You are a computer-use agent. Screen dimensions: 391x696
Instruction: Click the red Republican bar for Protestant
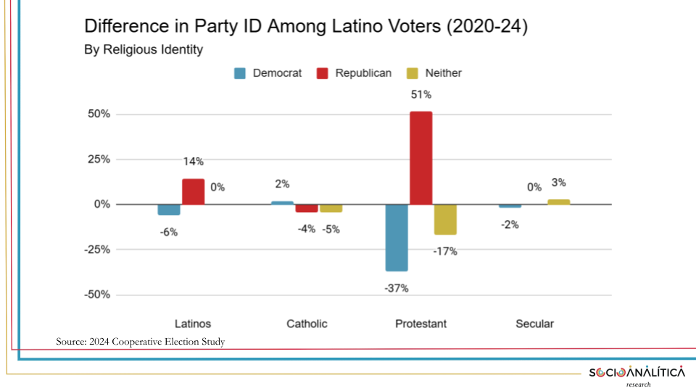coord(421,158)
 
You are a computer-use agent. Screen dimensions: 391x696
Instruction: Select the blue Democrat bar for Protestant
coord(397,237)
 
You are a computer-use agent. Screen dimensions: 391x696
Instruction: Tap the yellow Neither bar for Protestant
coord(446,219)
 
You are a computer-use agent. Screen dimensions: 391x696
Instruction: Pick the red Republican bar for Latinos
coord(193,192)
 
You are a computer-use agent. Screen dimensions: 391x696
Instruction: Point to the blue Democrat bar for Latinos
coord(169,209)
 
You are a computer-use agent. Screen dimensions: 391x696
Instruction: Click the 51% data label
coord(421,95)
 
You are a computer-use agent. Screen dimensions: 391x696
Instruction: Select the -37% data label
coord(397,287)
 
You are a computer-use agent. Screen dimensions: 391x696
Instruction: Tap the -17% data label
coord(445,251)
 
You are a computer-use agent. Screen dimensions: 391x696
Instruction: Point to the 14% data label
coord(193,161)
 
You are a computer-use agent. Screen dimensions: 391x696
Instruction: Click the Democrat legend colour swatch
coord(240,73)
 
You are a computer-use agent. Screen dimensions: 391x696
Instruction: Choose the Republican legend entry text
coord(363,73)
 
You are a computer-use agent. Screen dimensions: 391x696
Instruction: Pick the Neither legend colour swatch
coord(413,73)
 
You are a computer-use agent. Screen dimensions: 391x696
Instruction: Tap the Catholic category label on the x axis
coord(307,324)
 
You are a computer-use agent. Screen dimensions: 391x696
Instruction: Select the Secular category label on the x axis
coord(534,324)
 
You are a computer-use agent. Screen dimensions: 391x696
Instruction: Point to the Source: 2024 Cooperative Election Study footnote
coord(141,341)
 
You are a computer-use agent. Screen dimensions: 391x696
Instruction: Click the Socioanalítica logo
coord(637,374)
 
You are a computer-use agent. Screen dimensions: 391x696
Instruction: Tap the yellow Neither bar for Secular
coord(558,202)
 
